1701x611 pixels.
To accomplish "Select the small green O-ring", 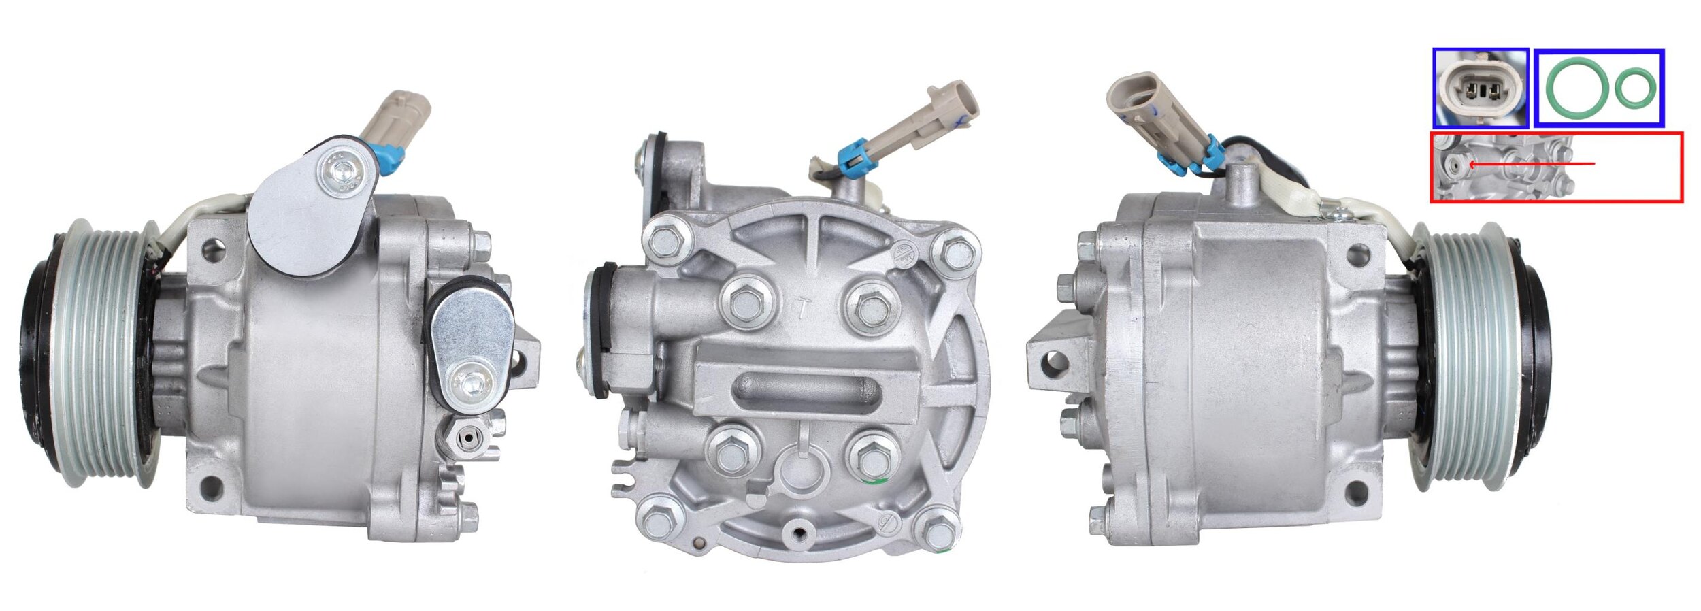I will (x=1635, y=87).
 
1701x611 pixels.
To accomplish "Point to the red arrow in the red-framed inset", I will (x=1531, y=164).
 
